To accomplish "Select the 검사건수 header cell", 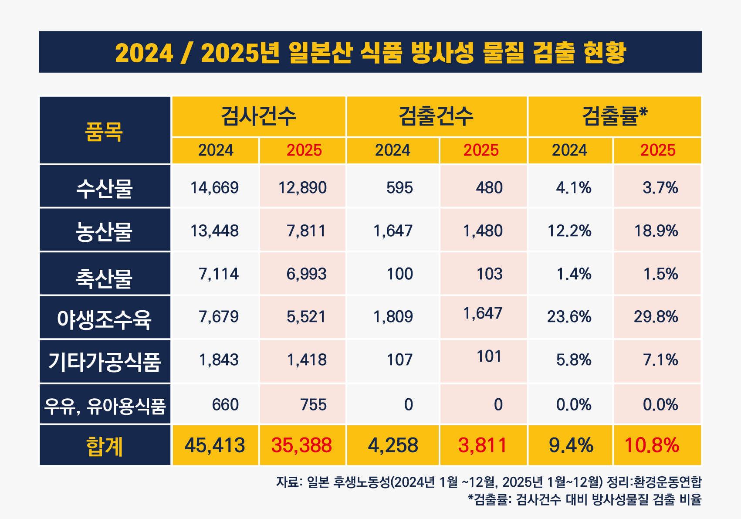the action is coord(258,116).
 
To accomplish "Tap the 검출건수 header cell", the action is coord(436,116).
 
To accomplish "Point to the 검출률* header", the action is coord(614,116).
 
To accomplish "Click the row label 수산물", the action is coord(104,188).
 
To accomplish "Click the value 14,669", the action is coord(214,188).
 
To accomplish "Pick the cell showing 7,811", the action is coord(306,231).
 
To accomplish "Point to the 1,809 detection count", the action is coord(393,317).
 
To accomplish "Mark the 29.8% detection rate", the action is coord(656,317).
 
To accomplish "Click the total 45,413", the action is coord(215,445).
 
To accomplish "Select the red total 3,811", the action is coord(482,445).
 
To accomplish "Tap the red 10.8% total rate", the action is coord(652,445).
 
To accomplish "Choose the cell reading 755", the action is coord(313,405).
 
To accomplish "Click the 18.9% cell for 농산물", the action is coord(656,231).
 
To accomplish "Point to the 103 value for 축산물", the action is coord(490,274).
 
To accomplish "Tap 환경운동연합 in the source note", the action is coord(667,482).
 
